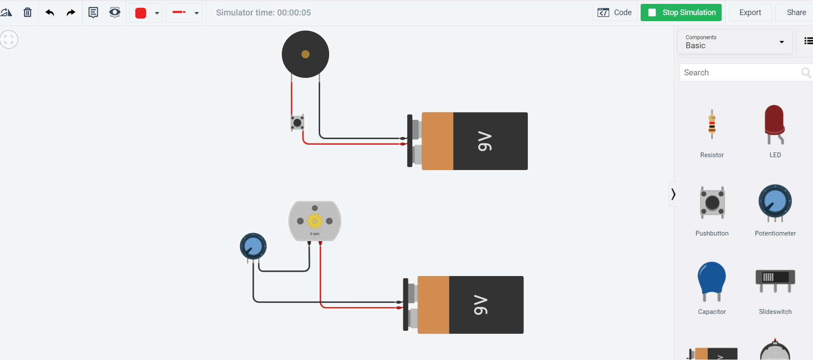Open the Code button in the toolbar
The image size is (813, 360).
[615, 12]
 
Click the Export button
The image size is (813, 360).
[750, 12]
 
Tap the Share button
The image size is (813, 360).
[796, 12]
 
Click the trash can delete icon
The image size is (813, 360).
[28, 12]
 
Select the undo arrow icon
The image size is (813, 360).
[50, 12]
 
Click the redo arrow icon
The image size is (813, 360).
[71, 12]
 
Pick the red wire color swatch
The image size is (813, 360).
[141, 13]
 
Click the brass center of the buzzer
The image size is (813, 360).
[305, 54]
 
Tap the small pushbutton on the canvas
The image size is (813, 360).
[297, 123]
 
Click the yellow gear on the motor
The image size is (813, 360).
[315, 221]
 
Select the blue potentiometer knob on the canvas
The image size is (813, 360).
[253, 246]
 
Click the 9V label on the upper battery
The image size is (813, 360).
[485, 141]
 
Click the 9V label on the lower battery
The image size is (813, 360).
[481, 305]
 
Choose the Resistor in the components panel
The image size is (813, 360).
[712, 125]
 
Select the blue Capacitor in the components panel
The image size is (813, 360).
[712, 280]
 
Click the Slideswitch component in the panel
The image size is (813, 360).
[775, 280]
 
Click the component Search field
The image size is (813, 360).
[739, 73]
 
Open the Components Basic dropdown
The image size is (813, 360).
[735, 42]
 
